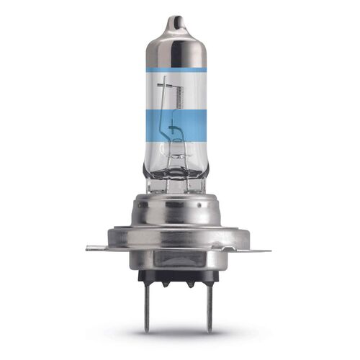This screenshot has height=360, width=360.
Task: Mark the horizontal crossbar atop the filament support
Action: [x=166, y=85]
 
